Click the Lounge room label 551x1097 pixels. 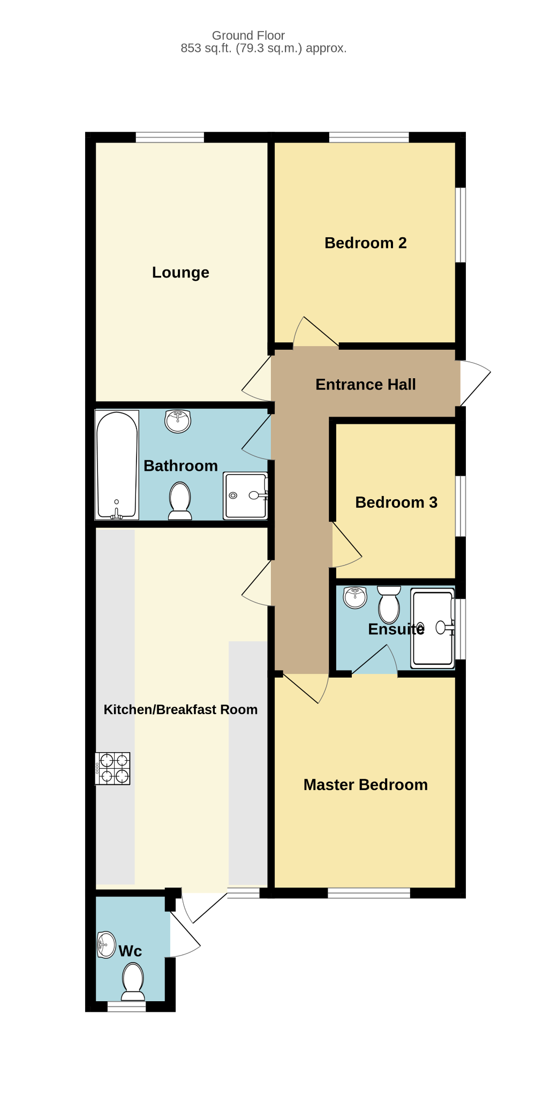(180, 273)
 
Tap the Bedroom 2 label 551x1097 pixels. (366, 243)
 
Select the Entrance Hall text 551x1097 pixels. (366, 385)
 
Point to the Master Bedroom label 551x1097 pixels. (366, 785)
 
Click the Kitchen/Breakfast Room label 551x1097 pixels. (180, 710)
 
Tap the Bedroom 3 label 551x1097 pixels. (396, 502)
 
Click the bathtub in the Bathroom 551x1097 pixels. (117, 465)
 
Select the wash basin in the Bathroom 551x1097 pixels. (178, 421)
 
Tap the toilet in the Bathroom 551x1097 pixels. (180, 501)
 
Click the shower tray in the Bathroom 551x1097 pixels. (246, 495)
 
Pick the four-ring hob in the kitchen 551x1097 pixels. (112, 769)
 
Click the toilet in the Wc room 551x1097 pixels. (133, 981)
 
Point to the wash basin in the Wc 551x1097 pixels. (107, 945)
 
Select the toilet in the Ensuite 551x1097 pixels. (389, 604)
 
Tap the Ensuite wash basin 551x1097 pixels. (355, 598)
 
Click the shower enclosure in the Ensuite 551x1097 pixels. (433, 628)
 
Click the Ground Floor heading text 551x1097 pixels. (248, 35)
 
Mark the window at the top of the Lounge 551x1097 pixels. (170, 138)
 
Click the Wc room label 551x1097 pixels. (130, 951)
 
